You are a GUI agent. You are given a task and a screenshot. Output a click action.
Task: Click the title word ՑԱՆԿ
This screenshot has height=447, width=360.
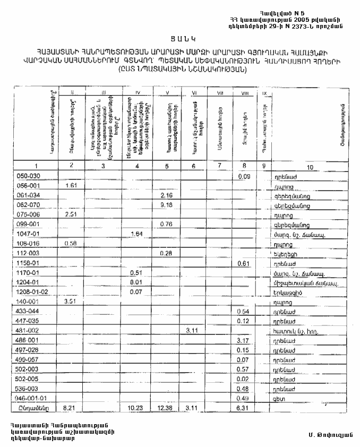tap(179, 38)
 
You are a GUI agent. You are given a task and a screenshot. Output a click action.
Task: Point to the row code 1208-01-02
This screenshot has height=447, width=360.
tap(34, 292)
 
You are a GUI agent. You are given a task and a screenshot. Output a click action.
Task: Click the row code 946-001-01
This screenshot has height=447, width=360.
tap(33, 397)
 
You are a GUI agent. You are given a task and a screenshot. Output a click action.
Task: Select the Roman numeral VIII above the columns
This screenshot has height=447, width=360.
tap(245, 94)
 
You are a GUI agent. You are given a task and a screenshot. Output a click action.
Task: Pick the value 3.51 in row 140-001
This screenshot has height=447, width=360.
tap(71, 302)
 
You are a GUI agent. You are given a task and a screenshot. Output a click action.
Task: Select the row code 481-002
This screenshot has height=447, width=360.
tap(29, 330)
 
